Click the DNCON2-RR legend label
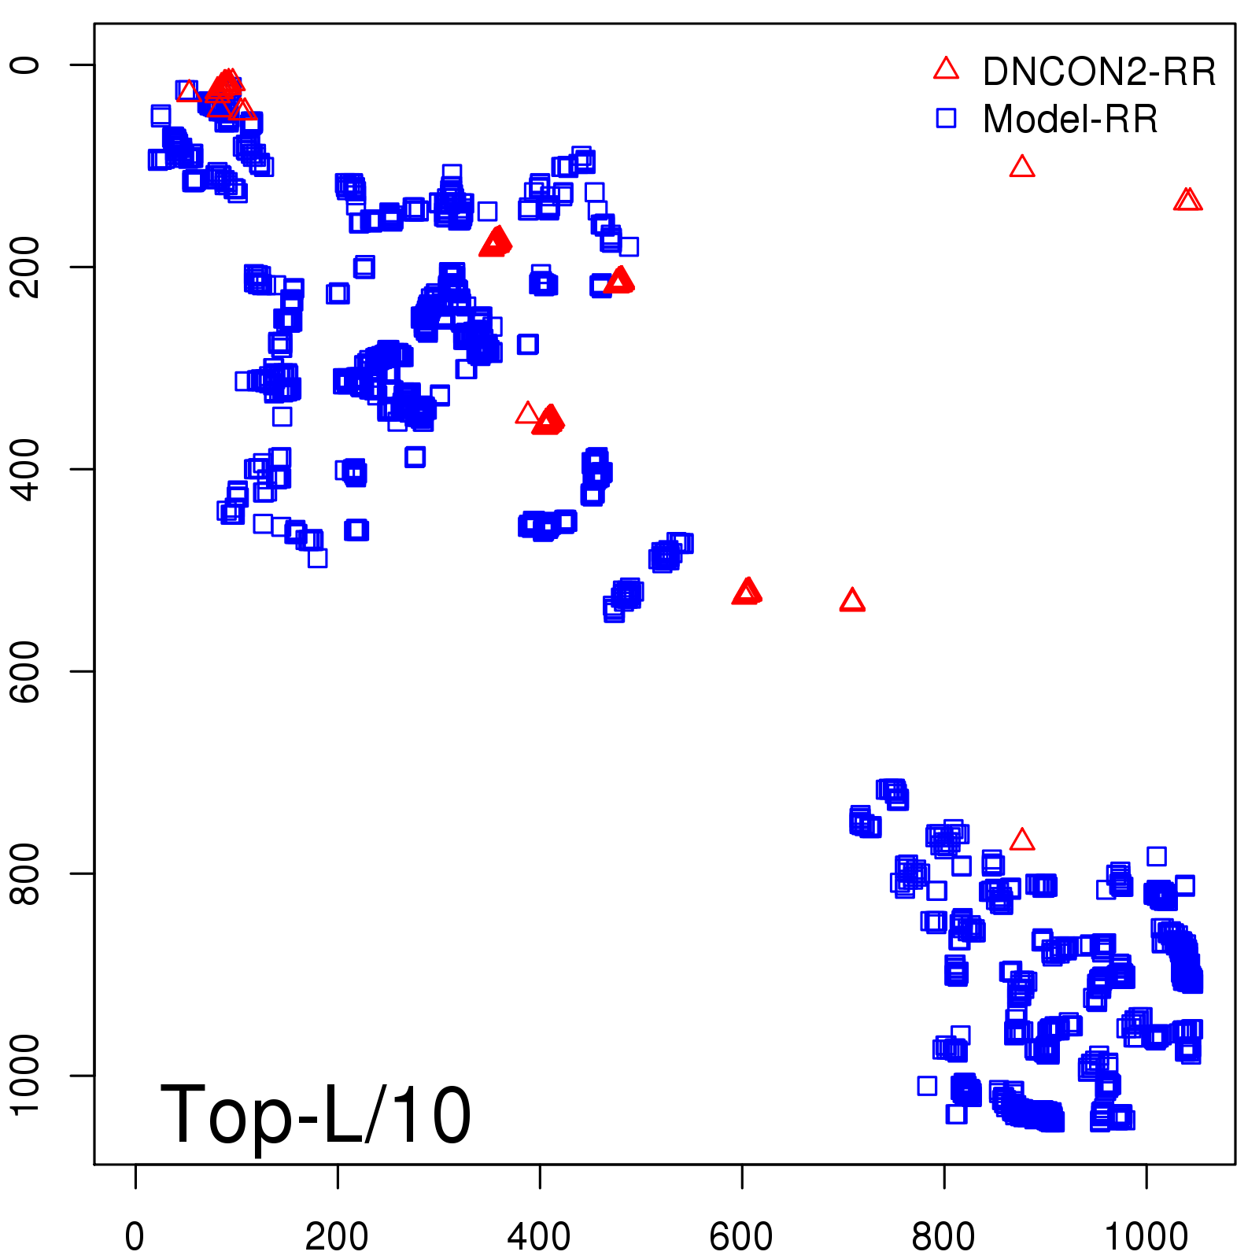tap(1098, 72)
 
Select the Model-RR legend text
tap(1070, 120)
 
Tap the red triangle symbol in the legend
tap(946, 68)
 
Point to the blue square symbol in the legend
tap(946, 118)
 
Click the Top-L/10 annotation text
tap(316, 1115)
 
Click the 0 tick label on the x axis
tap(135, 1237)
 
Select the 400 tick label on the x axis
tap(539, 1237)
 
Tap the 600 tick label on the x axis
tap(741, 1237)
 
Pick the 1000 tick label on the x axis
tap(1146, 1237)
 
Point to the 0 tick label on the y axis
tap(25, 65)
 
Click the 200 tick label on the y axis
tap(25, 267)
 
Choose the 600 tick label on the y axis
tap(25, 671)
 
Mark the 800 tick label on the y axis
tap(25, 873)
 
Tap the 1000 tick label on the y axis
tap(25, 1075)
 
